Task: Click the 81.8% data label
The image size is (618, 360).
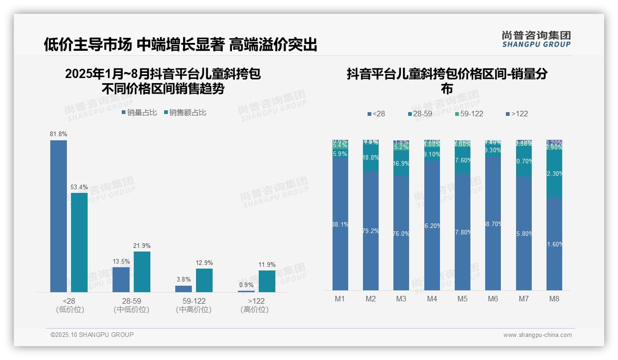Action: tap(59, 134)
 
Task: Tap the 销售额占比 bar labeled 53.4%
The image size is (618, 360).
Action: tap(79, 242)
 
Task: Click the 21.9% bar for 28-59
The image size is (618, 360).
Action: tap(142, 272)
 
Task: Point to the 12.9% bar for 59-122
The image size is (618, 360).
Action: tap(204, 280)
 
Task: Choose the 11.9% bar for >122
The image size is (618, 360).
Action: tap(267, 281)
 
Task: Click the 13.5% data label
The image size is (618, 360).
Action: tap(121, 261)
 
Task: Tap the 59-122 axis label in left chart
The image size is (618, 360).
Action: tap(194, 301)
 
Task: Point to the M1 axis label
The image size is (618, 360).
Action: tap(340, 299)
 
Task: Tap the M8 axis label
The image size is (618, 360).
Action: tap(554, 299)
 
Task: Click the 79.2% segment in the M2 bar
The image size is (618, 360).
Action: tap(371, 231)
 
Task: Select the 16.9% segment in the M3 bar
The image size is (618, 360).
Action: tap(401, 164)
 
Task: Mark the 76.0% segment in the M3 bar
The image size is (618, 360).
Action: tap(401, 233)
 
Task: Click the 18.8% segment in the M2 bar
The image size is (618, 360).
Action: tap(371, 158)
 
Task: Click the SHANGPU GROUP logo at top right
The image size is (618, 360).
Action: tap(536, 39)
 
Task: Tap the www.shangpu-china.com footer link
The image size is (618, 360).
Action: tap(537, 335)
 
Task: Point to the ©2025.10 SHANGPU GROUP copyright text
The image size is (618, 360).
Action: tap(92, 335)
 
